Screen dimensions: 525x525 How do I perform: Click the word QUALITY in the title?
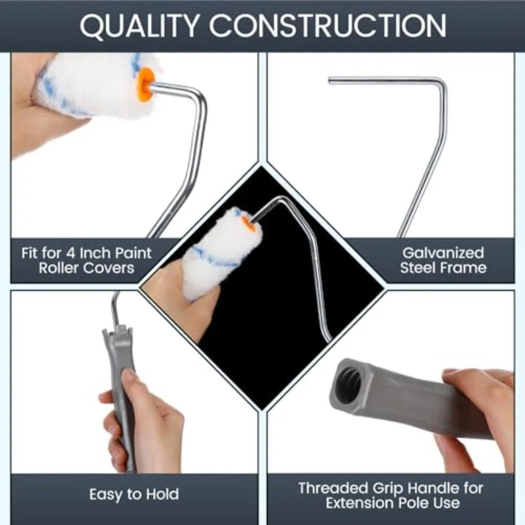click(139, 26)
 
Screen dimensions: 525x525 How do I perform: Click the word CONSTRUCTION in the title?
click(328, 26)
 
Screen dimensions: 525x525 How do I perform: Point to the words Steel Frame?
click(443, 268)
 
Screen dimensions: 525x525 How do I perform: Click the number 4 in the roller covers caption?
click(71, 253)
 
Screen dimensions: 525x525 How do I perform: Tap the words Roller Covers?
click(86, 268)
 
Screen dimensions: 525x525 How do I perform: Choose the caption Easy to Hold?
click(134, 495)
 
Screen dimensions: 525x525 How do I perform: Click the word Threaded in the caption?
click(333, 488)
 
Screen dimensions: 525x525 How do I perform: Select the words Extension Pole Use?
click(393, 503)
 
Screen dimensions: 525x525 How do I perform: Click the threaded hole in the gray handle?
click(350, 384)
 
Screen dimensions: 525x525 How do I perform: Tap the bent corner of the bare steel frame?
click(443, 83)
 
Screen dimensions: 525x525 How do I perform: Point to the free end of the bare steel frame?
click(330, 80)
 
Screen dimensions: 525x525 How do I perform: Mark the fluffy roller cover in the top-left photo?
click(94, 85)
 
